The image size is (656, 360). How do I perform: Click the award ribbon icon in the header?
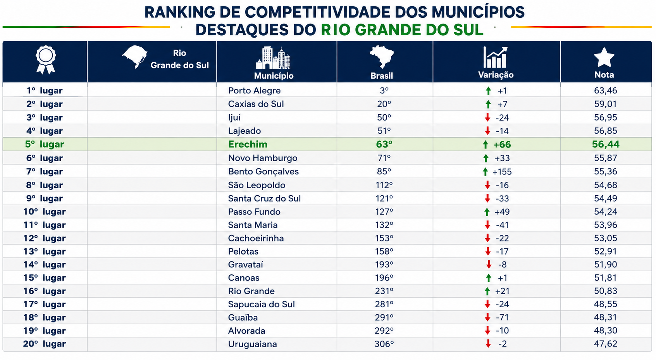(45, 59)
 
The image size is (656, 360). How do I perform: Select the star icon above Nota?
(604, 57)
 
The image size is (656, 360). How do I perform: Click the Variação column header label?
(496, 75)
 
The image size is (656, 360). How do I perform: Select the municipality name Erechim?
(248, 145)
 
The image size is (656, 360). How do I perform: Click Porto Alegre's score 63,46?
(605, 91)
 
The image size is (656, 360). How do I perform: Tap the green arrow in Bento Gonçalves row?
(485, 172)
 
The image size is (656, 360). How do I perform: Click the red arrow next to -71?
(487, 317)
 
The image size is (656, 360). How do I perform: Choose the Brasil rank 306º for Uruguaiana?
(384, 344)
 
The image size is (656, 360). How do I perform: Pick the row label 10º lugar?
(45, 212)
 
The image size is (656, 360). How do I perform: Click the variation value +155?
(502, 172)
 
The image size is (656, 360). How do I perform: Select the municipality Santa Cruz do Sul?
(264, 198)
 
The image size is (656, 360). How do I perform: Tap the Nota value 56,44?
(605, 145)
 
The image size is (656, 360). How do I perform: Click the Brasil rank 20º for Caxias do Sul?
(384, 104)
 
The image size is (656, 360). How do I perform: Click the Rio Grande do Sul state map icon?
(134, 57)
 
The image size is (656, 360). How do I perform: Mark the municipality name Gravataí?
(245, 265)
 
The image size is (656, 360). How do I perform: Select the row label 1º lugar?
(45, 91)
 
